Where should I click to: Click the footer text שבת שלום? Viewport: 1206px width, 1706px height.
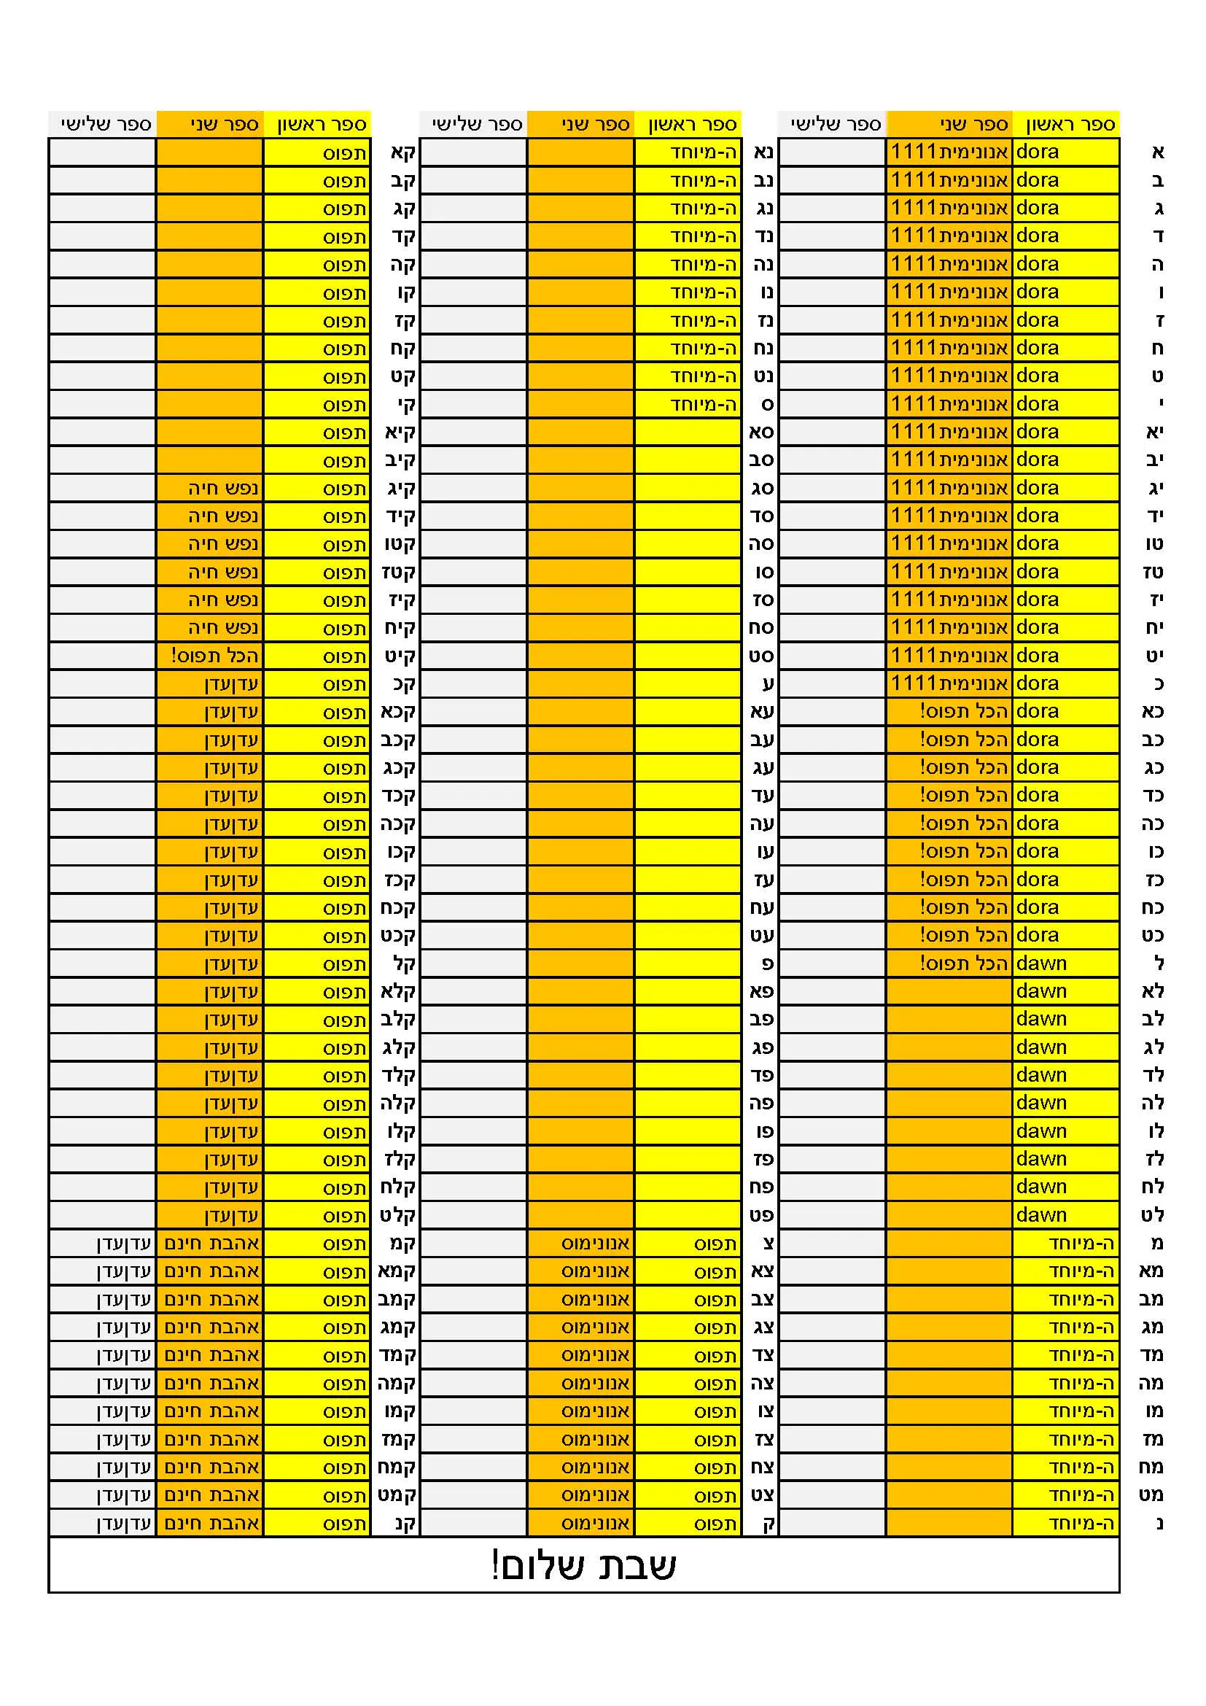584,1565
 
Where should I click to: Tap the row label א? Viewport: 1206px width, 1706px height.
1158,152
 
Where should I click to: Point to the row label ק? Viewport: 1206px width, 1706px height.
769,1524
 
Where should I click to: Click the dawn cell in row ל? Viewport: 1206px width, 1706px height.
1041,963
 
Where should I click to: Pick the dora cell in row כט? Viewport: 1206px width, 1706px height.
1038,936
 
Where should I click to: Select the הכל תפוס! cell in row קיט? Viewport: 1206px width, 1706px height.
214,656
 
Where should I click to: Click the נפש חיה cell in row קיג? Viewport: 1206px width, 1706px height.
223,488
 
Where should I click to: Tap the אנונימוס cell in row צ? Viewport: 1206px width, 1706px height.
595,1244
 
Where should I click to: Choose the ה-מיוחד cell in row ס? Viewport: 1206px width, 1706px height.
702,404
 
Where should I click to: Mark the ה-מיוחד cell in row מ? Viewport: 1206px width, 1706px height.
1081,1244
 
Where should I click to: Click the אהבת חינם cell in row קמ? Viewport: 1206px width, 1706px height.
211,1244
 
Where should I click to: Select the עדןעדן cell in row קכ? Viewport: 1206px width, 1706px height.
231,683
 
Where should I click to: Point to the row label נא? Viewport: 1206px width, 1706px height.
764,152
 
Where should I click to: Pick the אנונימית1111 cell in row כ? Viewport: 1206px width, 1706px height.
949,683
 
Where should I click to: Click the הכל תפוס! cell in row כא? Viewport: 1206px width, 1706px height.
963,712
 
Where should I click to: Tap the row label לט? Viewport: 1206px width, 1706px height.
1152,1216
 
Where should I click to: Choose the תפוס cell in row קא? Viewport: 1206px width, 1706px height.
344,153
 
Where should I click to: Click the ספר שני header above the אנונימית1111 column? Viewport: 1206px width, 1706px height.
973,124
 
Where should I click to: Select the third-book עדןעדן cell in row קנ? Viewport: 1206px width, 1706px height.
123,1524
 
